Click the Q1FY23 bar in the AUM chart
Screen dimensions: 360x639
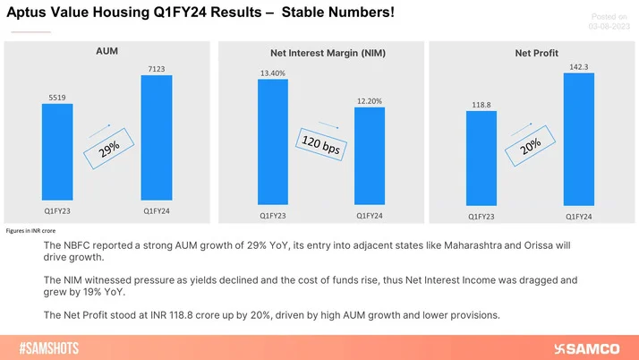point(57,151)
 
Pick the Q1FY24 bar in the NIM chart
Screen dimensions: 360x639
point(369,156)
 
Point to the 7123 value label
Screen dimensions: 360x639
point(156,68)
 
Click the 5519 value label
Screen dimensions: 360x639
point(57,97)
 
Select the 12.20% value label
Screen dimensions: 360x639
point(369,101)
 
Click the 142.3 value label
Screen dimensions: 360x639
point(579,67)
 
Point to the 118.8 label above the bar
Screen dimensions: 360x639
point(481,105)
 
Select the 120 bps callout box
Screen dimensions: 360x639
point(319,144)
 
